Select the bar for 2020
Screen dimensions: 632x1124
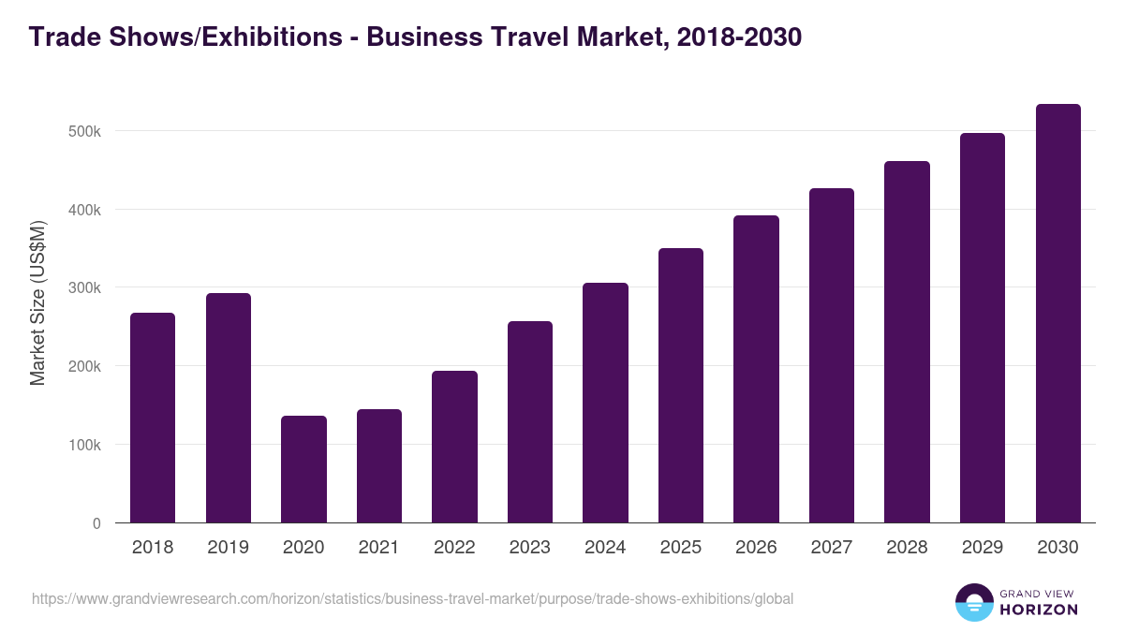(x=303, y=469)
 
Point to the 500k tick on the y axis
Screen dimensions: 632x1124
(x=84, y=131)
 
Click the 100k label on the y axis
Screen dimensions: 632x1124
(x=84, y=445)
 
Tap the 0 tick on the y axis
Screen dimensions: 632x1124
(x=96, y=523)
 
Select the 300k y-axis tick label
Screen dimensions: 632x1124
(x=84, y=287)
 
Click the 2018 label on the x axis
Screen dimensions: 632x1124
(x=153, y=548)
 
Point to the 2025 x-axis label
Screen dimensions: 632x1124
(x=681, y=548)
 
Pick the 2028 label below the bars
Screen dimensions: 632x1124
(x=907, y=548)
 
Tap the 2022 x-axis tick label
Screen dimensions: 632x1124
(x=454, y=548)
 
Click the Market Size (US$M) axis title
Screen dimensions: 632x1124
(x=37, y=302)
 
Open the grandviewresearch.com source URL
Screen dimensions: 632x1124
(x=412, y=598)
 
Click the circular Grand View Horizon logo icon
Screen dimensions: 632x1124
(x=974, y=602)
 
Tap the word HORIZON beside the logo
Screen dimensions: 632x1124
(x=1039, y=610)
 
